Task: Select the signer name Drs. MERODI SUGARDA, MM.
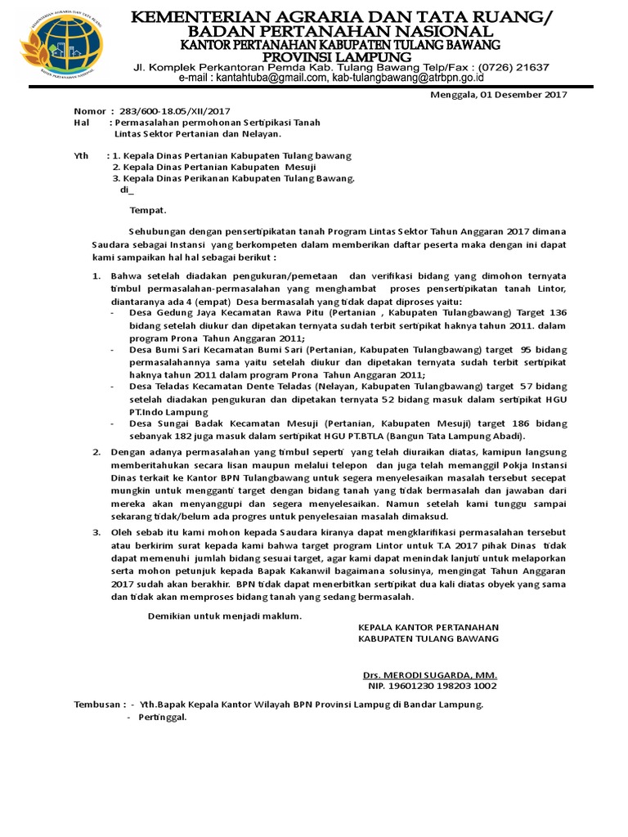(x=429, y=675)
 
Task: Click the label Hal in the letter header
(x=81, y=122)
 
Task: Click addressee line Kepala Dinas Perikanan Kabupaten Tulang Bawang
(x=238, y=178)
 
